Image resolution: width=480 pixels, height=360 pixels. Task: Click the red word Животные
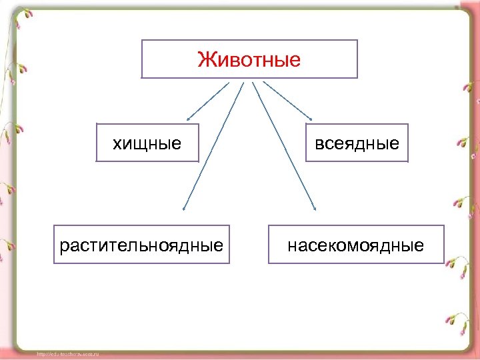coord(249,60)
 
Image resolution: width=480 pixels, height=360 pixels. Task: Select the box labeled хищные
coord(147,142)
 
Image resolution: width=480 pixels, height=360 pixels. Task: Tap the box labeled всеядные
coord(357,142)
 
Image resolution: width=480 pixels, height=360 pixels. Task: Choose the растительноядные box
coord(141,245)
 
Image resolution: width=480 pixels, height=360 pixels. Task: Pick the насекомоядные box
coord(356,245)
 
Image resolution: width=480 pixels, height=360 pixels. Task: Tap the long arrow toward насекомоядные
coord(283,143)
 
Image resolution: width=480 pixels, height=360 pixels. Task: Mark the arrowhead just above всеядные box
coord(308,117)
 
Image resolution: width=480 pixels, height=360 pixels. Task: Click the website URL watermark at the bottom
coord(67,354)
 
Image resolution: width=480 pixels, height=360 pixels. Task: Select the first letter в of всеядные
coord(318,143)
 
